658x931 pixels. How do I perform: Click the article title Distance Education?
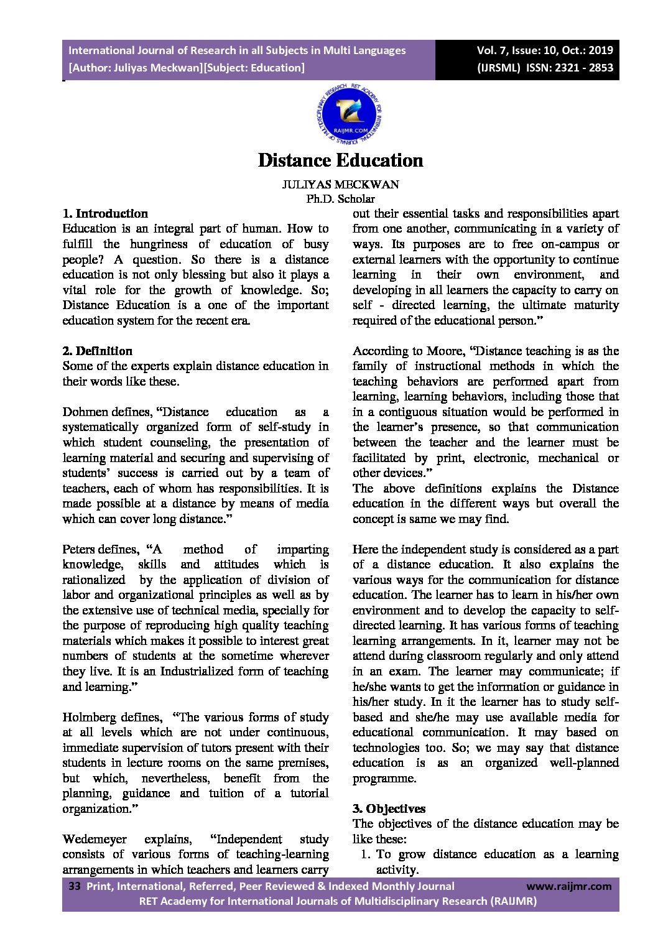pyautogui.click(x=340, y=160)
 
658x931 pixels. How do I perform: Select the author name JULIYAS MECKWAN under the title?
pyautogui.click(x=340, y=185)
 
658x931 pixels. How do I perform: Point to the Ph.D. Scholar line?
pyautogui.click(x=340, y=199)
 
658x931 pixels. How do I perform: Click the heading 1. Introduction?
pyautogui.click(x=105, y=214)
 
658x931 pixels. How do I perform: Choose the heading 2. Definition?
pyautogui.click(x=97, y=351)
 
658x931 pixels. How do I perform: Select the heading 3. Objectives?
pyautogui.click(x=389, y=809)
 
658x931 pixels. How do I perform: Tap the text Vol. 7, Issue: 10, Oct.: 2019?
pyautogui.click(x=545, y=50)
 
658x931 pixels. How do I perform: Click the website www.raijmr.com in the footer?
pyautogui.click(x=569, y=887)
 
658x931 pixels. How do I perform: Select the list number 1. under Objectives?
pyautogui.click(x=366, y=855)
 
